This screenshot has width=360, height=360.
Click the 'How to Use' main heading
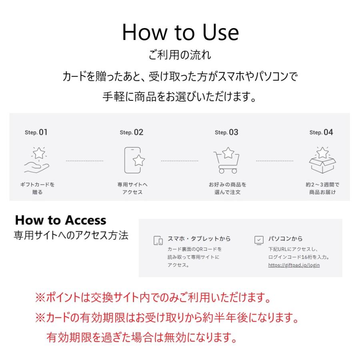[x=180, y=32]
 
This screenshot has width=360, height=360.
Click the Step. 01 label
[x=37, y=132]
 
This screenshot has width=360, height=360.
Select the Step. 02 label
[x=132, y=132]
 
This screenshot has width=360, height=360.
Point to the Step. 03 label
[x=226, y=132]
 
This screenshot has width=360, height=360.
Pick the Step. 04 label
[x=321, y=132]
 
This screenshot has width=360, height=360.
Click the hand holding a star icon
[x=37, y=160]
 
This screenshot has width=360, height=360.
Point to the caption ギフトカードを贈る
[x=37, y=188]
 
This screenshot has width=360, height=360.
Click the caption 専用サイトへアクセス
[x=132, y=188]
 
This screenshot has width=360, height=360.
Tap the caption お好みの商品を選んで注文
[x=227, y=188]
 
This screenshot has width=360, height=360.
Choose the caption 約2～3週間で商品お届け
[x=322, y=188]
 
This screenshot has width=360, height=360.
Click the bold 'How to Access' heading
[x=61, y=220]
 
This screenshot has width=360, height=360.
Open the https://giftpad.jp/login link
[x=294, y=265]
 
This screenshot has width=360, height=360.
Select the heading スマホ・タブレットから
[x=199, y=239]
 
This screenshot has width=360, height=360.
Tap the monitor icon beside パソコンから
[x=259, y=240]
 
